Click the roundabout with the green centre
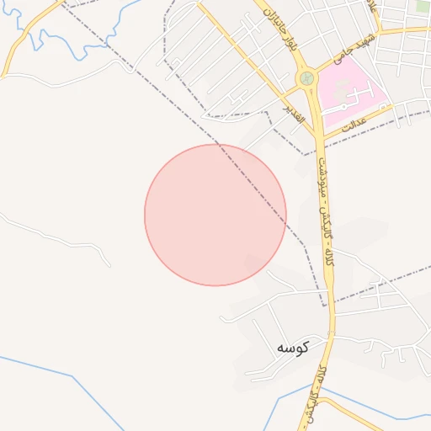306,78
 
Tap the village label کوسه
293,347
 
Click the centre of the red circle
215,215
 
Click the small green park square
422,6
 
